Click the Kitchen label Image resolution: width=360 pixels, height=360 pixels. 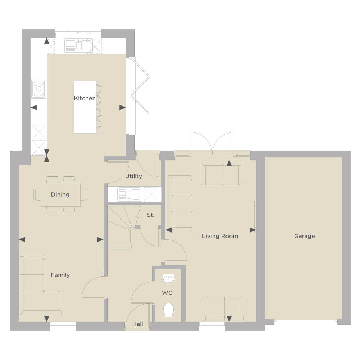coord(85,98)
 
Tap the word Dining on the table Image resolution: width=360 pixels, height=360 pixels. coord(60,194)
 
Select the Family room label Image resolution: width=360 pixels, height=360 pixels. coord(60,275)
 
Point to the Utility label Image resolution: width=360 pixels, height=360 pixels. coord(133,176)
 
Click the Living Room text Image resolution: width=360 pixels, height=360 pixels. coord(220,236)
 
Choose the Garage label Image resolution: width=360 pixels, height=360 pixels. coord(305,236)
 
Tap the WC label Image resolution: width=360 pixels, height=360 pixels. coord(167,293)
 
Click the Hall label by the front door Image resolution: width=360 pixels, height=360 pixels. coord(137,324)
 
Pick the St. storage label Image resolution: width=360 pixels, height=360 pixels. coord(151,215)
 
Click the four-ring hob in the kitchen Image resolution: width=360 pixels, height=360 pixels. coord(38,89)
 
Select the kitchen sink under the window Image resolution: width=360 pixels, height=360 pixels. coord(78,45)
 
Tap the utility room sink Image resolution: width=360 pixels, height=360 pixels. coord(129,194)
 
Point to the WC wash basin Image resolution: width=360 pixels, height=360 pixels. coord(168,279)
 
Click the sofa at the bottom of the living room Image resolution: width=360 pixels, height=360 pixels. coord(224,309)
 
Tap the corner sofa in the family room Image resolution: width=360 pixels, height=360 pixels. coord(41,285)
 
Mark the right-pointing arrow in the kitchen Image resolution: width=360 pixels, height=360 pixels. coord(122,107)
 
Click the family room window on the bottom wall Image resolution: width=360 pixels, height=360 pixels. coord(63,327)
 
